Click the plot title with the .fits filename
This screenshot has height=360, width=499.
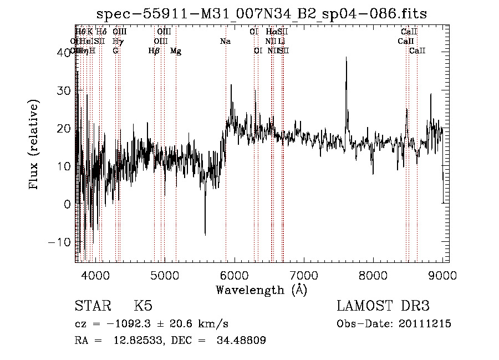[x=262, y=13]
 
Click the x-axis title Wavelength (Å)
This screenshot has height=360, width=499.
[x=261, y=290]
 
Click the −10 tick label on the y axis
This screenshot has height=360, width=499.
[x=60, y=242]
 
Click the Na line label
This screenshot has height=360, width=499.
[x=225, y=42]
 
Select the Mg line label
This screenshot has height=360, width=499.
[x=175, y=51]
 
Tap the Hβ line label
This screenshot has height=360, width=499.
[x=154, y=51]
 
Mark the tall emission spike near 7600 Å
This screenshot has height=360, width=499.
[x=347, y=58]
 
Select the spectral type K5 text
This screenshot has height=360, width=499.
[x=143, y=306]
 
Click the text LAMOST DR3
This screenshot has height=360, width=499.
[x=383, y=306]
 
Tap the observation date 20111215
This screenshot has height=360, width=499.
[x=426, y=324]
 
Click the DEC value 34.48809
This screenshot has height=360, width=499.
[x=242, y=341]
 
